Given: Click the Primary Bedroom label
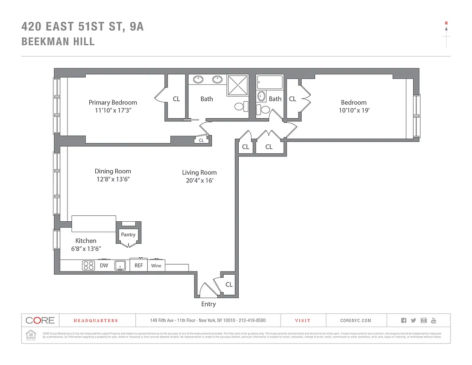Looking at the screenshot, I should point(113,103).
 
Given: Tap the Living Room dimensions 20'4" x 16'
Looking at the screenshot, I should point(199,181).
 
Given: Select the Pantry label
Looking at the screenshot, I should point(128,235).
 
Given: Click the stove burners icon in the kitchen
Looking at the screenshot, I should point(88,266).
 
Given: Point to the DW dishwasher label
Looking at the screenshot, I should point(104,266).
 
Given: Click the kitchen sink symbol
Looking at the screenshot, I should point(120,266).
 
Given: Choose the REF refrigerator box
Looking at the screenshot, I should point(139,266).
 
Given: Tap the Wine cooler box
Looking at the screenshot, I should point(156,266).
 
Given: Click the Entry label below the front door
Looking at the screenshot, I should point(208,304).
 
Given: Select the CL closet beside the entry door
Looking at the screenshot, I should point(229,284).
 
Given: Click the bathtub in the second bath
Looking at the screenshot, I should point(270,83).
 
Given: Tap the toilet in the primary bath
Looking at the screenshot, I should point(241,107).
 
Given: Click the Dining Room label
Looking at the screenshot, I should point(113,171).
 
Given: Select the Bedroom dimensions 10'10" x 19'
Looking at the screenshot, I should point(354,110).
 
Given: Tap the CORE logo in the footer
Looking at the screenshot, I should point(40,320).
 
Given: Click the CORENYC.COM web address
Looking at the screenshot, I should point(356,321).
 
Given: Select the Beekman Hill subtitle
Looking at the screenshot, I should point(58,42).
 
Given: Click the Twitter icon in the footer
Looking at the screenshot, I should point(414,321).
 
